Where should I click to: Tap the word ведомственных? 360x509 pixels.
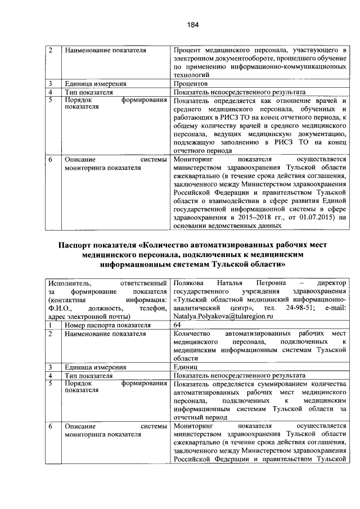pos(233,226)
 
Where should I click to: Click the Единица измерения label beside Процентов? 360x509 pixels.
pos(92,83)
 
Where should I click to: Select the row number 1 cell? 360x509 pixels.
pos(50,325)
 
